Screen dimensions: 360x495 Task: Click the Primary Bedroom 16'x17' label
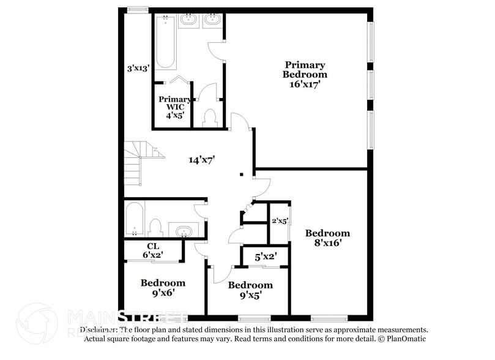tap(304, 75)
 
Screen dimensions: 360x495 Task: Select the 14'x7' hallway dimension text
tap(201, 160)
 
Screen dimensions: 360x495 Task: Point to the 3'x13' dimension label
tap(138, 69)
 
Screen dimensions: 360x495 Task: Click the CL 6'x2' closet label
tap(153, 250)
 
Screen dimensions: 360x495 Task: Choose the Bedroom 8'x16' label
tap(327, 238)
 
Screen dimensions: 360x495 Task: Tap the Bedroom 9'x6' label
tap(163, 287)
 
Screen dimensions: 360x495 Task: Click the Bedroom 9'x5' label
tap(250, 290)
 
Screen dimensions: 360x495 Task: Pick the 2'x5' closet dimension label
tap(280, 221)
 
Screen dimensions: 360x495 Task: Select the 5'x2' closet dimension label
tap(266, 257)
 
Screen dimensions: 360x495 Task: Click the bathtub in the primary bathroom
tap(166, 43)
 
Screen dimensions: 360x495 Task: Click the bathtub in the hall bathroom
tap(134, 220)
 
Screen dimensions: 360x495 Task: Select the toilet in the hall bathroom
tap(155, 227)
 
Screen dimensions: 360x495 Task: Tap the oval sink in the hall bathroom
tap(183, 231)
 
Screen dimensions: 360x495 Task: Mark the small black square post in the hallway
tap(241, 174)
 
